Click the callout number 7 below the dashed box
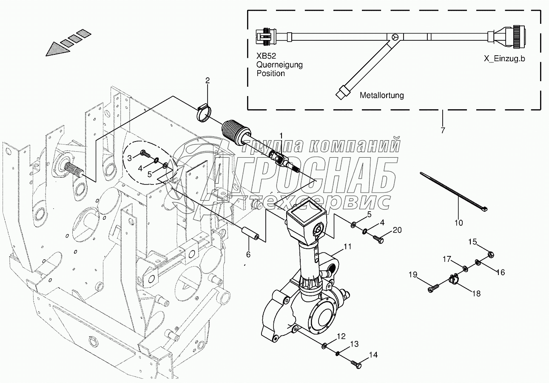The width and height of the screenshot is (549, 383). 443,131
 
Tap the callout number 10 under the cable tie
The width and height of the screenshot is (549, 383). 459,222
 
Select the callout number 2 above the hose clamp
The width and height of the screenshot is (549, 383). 208,80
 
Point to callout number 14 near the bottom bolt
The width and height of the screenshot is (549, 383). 373,354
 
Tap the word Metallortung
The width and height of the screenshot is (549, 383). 381,96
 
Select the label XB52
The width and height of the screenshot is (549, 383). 266,56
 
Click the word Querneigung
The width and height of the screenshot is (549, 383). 279,65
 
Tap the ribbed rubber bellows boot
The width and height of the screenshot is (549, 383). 235,131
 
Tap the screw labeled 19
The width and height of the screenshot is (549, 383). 432,289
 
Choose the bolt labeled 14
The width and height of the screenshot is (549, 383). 356,364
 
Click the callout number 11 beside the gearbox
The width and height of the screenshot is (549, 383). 348,246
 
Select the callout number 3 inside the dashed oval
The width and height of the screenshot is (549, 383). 130,158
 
